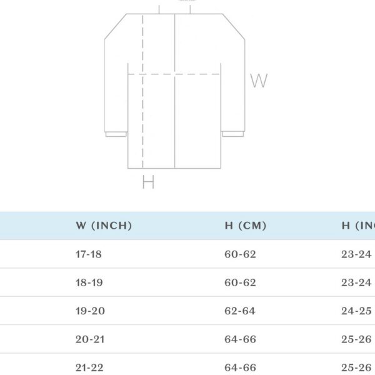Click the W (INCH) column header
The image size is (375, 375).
tap(104, 226)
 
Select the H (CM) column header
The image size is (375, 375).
tap(245, 226)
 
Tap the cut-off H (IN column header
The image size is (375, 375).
tap(358, 226)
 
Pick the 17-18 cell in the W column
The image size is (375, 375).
tap(89, 254)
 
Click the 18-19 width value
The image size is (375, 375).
tap(89, 282)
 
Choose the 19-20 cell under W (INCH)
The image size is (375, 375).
tap(89, 311)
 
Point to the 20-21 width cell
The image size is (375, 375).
tap(89, 339)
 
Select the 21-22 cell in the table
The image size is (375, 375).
tap(89, 367)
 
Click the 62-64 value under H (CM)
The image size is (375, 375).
tap(240, 311)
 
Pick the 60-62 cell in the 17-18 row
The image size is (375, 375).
tap(240, 254)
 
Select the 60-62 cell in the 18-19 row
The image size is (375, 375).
tap(240, 282)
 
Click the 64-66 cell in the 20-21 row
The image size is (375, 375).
tap(240, 339)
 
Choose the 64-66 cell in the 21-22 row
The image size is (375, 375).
tap(240, 367)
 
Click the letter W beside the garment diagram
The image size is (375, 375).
tap(259, 81)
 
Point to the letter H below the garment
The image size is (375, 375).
tap(148, 182)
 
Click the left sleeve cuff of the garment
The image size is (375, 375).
tap(115, 134)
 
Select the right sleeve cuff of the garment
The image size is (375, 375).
tap(233, 134)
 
